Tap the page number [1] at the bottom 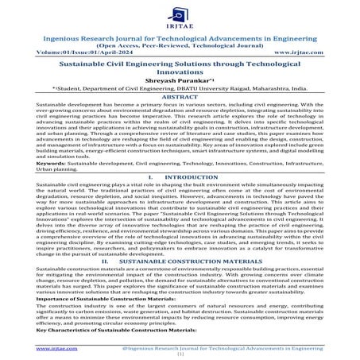click(180, 355)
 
